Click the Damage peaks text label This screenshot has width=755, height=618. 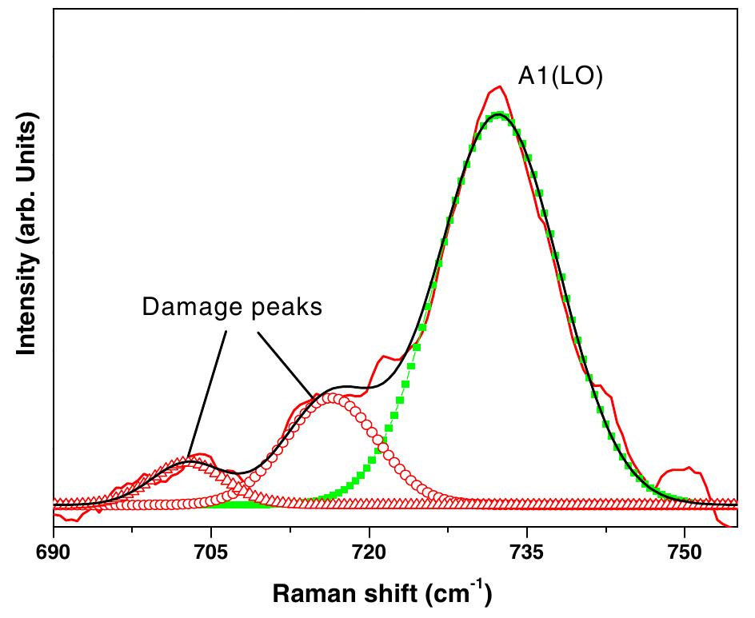click(x=232, y=307)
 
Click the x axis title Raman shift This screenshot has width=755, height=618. click(x=381, y=593)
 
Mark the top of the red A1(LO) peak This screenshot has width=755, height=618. click(x=499, y=86)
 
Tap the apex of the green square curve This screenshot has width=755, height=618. click(x=499, y=115)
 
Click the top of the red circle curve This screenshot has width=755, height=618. click(x=332, y=397)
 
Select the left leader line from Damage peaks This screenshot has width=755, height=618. click(x=207, y=391)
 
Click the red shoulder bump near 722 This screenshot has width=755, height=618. click(x=386, y=357)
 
